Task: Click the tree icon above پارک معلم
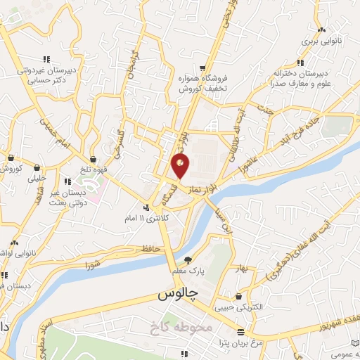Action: click(x=188, y=258)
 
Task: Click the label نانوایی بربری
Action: click(x=321, y=42)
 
